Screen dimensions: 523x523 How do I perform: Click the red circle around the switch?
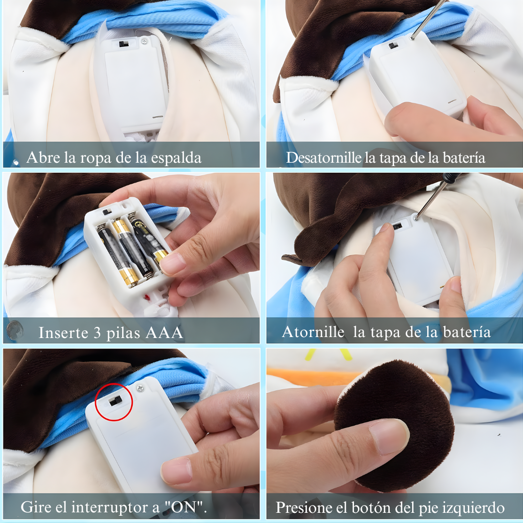(x=114, y=401)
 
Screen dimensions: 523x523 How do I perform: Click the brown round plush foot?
(x=394, y=426)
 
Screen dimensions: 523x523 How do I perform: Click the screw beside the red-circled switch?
(x=140, y=387)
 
